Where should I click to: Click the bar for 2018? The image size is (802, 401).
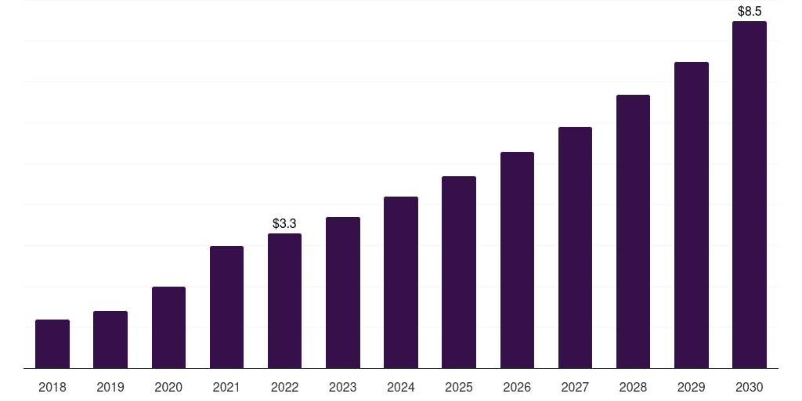coord(52,344)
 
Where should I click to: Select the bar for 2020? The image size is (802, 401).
coord(169,327)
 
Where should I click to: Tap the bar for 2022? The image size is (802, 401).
coord(284,301)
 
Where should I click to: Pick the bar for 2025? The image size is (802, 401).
coord(459,272)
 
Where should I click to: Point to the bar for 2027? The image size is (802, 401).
coord(575,247)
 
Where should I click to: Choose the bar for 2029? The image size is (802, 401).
coord(691,215)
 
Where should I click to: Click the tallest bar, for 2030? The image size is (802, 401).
coord(750,195)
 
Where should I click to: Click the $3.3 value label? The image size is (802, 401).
coord(284,223)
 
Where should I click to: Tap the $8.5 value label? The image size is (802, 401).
coord(750,11)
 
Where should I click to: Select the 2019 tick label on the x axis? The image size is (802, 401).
coord(110,387)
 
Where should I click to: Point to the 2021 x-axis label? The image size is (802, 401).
coord(226,387)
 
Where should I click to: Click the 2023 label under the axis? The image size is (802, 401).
coord(343,387)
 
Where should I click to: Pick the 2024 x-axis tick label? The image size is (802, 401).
coord(401,387)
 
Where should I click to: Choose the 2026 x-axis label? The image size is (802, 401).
coord(517,387)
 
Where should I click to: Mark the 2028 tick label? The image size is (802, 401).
coord(633,387)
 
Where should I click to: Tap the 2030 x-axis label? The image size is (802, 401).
coord(750,387)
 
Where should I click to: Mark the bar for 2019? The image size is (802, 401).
coord(110,340)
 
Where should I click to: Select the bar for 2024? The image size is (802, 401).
coord(401,282)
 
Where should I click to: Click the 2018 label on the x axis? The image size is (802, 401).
coord(52,387)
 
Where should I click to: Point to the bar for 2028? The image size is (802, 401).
coord(633,231)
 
